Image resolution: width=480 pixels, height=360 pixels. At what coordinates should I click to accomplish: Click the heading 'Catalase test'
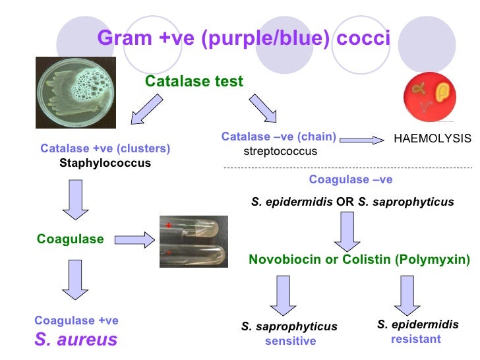pyautogui.click(x=194, y=82)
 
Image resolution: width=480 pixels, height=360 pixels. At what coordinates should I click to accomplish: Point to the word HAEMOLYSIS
pyautogui.click(x=433, y=138)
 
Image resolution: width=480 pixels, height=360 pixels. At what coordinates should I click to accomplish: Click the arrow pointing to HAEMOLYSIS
pyautogui.click(x=361, y=139)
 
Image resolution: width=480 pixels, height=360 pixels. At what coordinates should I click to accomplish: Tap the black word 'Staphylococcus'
pyautogui.click(x=105, y=163)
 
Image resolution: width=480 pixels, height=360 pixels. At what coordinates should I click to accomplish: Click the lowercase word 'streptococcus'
pyautogui.click(x=280, y=151)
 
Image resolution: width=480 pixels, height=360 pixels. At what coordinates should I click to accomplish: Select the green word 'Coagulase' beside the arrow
pyautogui.click(x=71, y=239)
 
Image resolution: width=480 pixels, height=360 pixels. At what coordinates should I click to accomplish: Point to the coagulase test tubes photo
pyautogui.click(x=194, y=242)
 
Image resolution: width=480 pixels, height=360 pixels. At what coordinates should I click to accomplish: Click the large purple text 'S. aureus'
pyautogui.click(x=76, y=340)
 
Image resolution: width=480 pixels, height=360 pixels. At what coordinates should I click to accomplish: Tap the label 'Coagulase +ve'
pyautogui.click(x=76, y=320)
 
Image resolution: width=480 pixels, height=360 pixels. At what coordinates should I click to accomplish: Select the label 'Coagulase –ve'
pyautogui.click(x=351, y=179)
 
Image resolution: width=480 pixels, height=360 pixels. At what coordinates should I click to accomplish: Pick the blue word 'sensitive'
pyautogui.click(x=290, y=341)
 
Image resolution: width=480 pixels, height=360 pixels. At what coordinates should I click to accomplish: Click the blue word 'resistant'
pyautogui.click(x=416, y=340)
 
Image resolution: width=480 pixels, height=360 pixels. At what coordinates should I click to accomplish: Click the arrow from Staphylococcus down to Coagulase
pyautogui.click(x=75, y=200)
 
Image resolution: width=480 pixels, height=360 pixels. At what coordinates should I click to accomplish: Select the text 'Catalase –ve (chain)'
pyautogui.click(x=279, y=137)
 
